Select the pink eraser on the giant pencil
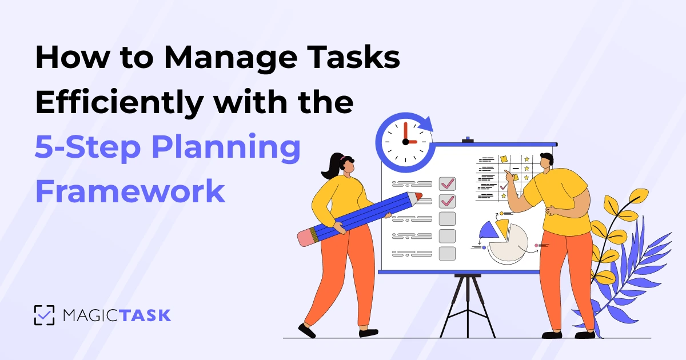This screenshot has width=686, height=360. point(307,237)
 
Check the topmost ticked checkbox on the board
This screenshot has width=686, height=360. point(447,183)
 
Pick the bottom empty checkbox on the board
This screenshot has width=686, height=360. point(447,253)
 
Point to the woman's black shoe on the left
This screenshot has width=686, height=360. point(306,330)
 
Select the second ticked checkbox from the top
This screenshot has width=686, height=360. point(447,201)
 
